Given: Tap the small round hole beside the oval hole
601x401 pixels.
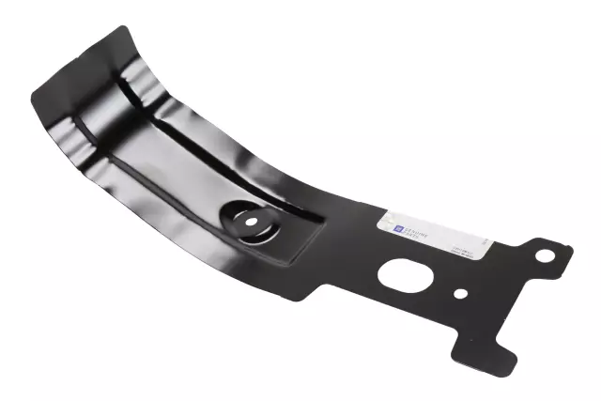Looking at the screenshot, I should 460,293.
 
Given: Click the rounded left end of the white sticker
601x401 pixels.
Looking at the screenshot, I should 381,224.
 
